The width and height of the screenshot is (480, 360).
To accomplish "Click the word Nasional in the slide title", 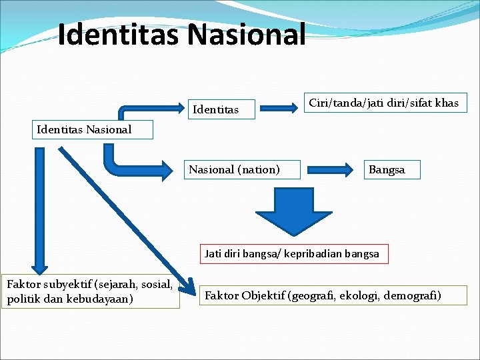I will pyautogui.click(x=247, y=35).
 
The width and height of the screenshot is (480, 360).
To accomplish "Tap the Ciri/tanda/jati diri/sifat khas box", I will pyautogui.click(x=384, y=103).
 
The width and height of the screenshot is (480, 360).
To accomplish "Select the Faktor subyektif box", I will pyautogui.click(x=91, y=292).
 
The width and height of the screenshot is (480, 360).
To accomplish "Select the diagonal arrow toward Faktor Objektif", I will pyautogui.click(x=127, y=217).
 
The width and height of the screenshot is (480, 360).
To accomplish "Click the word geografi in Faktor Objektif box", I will pyautogui.click(x=313, y=295).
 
